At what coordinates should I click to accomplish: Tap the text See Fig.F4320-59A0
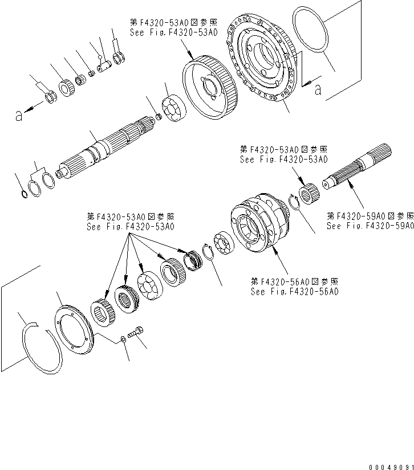pos(370,226)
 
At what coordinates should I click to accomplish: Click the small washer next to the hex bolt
pos(123,340)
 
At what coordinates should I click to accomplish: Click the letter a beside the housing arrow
pos(317,89)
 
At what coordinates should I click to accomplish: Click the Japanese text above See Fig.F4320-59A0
pos(370,216)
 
